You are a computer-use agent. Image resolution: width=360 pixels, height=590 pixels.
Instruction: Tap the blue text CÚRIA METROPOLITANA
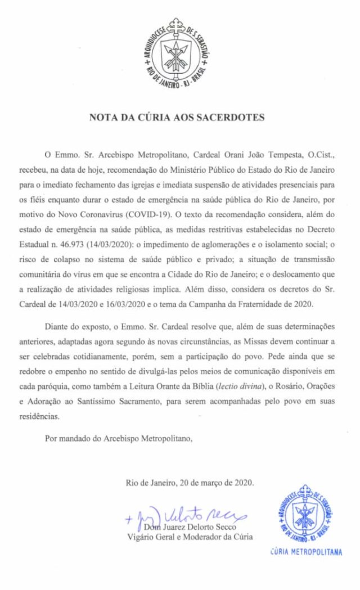(x=305, y=552)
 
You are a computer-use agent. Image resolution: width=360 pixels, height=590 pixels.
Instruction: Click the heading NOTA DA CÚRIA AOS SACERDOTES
(x=177, y=118)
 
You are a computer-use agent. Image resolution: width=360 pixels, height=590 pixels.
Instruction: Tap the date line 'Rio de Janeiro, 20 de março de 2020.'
(x=190, y=483)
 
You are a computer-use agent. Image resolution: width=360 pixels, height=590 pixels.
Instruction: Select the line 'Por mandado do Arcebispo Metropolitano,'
(x=119, y=438)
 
